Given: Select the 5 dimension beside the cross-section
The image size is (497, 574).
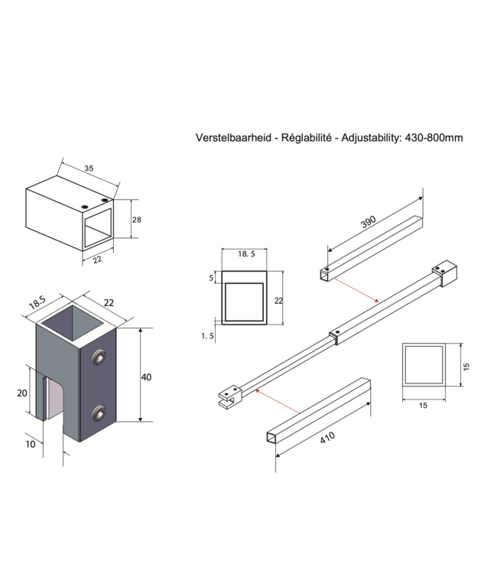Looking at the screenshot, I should tap(211, 279).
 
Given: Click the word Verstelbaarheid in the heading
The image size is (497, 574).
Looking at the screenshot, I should tap(232, 138).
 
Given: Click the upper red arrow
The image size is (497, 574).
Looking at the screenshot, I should tap(352, 288).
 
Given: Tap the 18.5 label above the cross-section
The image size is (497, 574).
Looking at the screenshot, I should tap(243, 253).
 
